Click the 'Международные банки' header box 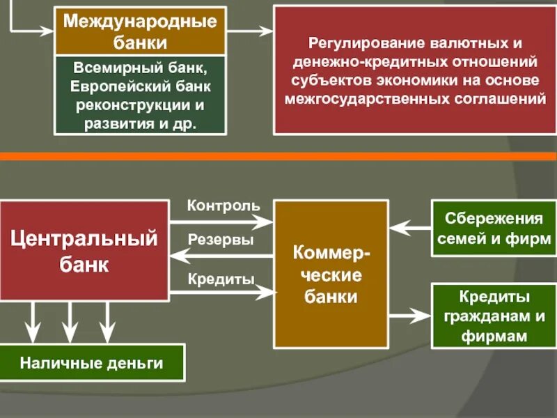point(140,31)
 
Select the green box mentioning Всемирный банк point(140,96)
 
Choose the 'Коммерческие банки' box point(331,274)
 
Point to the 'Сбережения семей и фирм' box point(493,229)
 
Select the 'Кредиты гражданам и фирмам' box point(493,316)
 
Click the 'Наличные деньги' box point(91,362)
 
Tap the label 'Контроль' point(223,206)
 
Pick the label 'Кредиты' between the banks point(221,278)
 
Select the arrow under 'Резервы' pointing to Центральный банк point(221,256)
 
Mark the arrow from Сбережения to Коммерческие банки point(410,227)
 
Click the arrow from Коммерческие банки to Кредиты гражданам point(410,315)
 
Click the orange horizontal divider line point(278,156)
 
